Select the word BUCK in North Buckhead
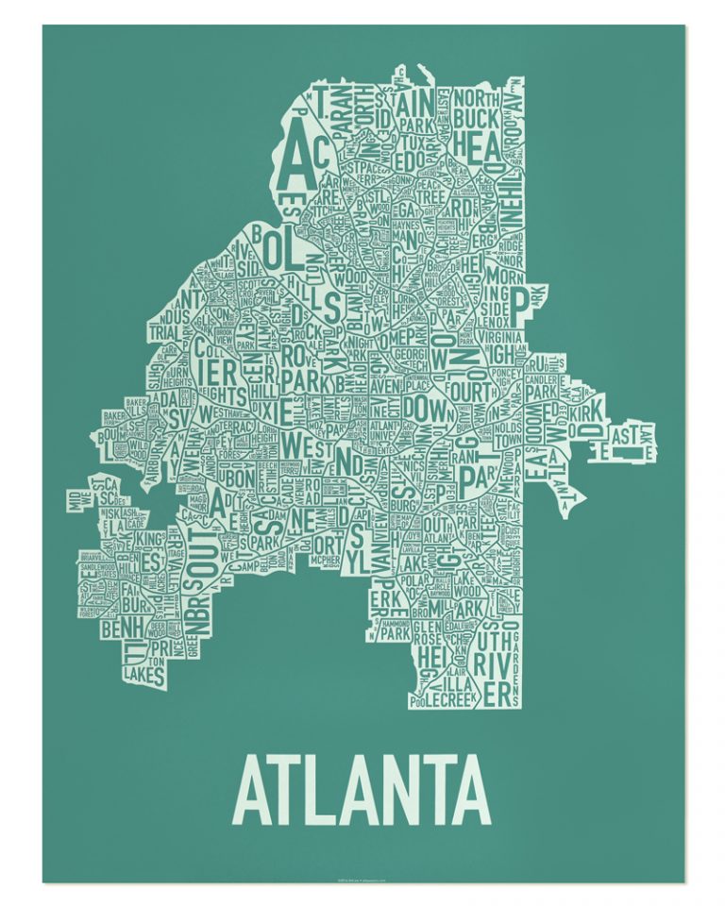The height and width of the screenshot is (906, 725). point(480,119)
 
